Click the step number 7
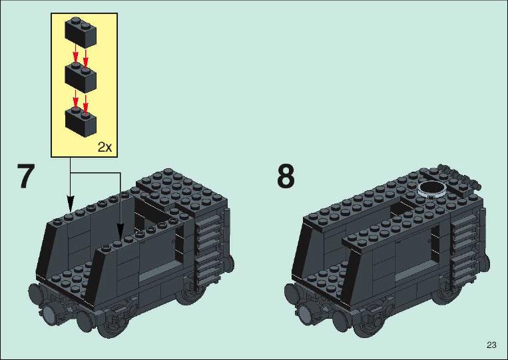click(x=25, y=176)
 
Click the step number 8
click(x=286, y=176)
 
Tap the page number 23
click(x=491, y=345)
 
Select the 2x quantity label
click(x=105, y=147)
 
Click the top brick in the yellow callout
click(x=81, y=32)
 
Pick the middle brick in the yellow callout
click(x=81, y=77)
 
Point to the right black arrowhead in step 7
click(x=121, y=231)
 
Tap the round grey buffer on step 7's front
click(x=49, y=313)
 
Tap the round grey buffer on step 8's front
click(x=305, y=313)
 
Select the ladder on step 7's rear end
click(x=209, y=247)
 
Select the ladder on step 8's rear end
click(x=465, y=247)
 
